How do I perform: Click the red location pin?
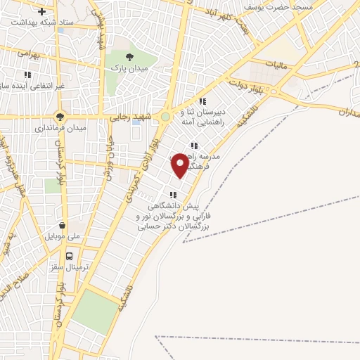click(180, 165)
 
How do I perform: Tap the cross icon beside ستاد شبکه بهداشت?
click(43, 12)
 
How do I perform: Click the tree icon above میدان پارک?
click(128, 56)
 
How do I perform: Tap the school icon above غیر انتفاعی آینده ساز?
click(27, 75)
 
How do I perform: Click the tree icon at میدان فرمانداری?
click(60, 117)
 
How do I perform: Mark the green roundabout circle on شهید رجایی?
click(165, 117)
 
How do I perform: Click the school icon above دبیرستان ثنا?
click(202, 101)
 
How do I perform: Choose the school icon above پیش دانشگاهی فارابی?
click(172, 195)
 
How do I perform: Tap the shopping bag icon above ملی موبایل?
click(65, 226)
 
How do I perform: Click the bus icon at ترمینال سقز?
click(69, 257)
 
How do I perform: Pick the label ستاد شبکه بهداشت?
click(43, 23)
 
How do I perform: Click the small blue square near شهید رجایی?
click(136, 122)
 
